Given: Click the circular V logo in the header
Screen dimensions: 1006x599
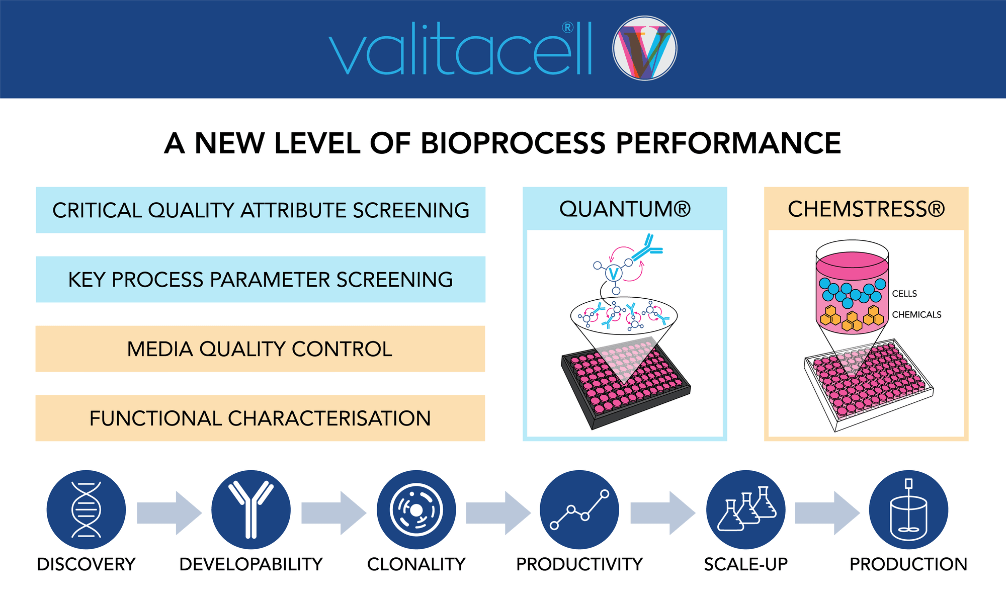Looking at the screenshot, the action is pyautogui.click(x=645, y=48).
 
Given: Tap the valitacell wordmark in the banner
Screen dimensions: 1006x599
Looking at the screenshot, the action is pyautogui.click(x=461, y=49).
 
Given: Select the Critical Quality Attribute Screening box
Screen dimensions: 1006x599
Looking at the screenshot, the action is pyautogui.click(x=261, y=210).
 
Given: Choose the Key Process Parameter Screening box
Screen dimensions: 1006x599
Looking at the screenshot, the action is pyautogui.click(x=261, y=280).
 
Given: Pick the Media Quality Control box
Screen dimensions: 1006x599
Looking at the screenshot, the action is pyautogui.click(x=260, y=349).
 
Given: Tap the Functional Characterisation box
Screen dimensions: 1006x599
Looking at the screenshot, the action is pyautogui.click(x=260, y=418).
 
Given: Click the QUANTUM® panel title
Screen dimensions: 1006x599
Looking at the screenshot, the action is pyautogui.click(x=625, y=209).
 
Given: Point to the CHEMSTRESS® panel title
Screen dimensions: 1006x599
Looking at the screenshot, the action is pyautogui.click(x=866, y=209).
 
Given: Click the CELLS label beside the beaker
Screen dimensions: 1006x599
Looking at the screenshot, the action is pyautogui.click(x=904, y=294).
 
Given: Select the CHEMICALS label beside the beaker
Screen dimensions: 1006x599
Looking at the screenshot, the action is pyautogui.click(x=916, y=315).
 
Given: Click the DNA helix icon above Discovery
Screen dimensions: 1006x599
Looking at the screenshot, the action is pyautogui.click(x=86, y=509).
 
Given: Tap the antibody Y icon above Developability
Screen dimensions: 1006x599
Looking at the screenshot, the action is pyautogui.click(x=251, y=509).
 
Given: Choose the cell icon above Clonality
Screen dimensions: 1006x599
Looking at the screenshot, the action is pyautogui.click(x=416, y=509).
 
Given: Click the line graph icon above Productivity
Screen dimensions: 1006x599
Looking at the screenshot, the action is pyautogui.click(x=579, y=509).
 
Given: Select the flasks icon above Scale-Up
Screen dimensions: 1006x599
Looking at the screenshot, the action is pyautogui.click(x=746, y=509).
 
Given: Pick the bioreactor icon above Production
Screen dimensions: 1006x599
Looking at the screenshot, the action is pyautogui.click(x=908, y=509).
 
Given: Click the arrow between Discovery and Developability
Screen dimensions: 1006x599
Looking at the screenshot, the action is pyautogui.click(x=169, y=513).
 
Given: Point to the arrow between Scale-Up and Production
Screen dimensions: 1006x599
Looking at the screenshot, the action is pyautogui.click(x=827, y=513).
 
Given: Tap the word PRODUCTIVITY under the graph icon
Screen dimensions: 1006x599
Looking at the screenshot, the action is pyautogui.click(x=579, y=564).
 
